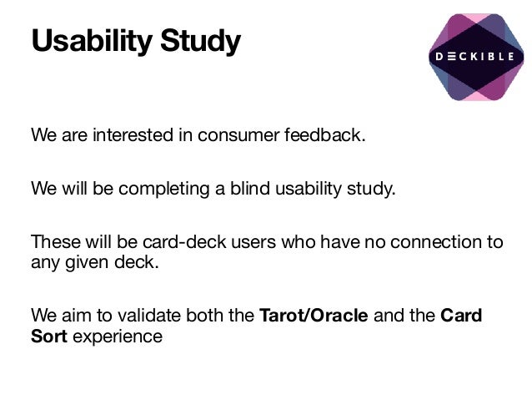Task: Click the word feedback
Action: pyautogui.click(x=324, y=135)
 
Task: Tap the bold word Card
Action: pyautogui.click(x=460, y=316)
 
